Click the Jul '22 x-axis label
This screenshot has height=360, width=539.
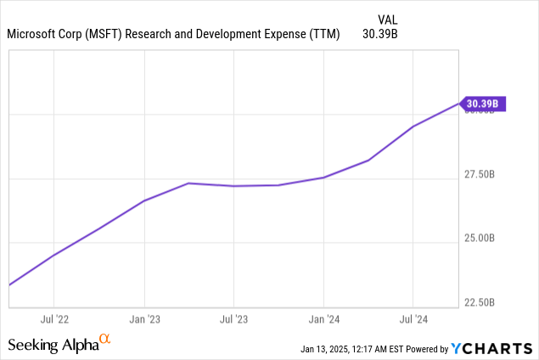tap(53, 320)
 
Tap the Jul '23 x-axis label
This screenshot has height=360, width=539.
tap(233, 320)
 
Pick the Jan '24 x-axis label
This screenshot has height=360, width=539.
tap(323, 320)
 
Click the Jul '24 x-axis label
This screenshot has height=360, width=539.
tap(413, 320)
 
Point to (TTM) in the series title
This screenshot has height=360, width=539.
tap(323, 35)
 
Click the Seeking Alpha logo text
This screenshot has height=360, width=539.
tap(52, 345)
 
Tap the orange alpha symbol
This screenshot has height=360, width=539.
tap(105, 340)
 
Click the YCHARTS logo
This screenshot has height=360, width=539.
tap(492, 348)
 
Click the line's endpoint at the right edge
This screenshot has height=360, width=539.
tap(459, 104)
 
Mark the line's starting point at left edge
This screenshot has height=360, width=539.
tap(9, 285)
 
